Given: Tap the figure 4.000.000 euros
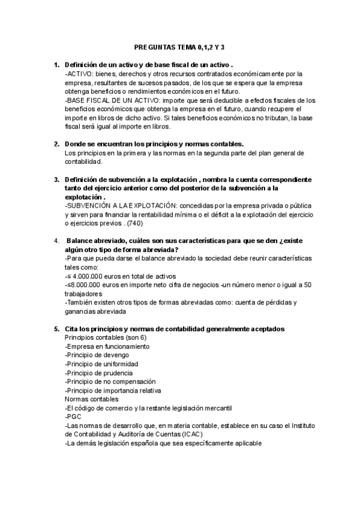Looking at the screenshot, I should (x=97, y=276).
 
